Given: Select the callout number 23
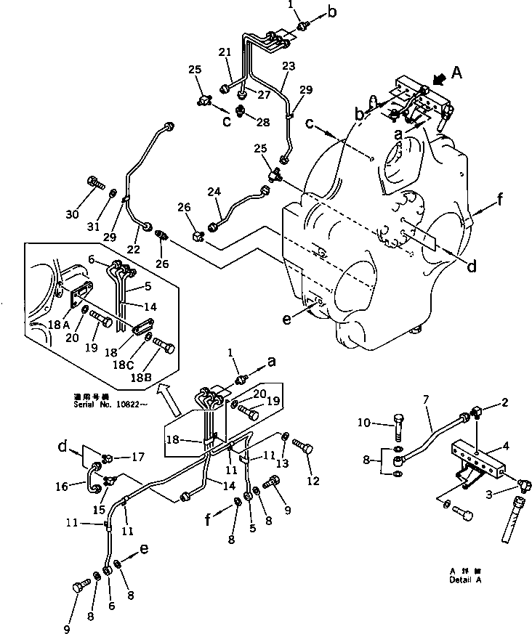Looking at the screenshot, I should tap(289, 66).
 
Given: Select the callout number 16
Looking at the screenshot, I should tap(62, 485).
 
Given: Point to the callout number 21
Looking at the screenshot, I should tap(225, 52).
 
